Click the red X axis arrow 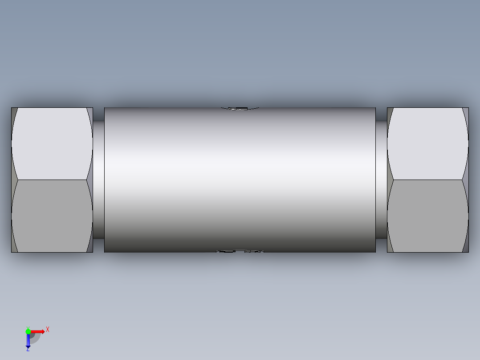38,331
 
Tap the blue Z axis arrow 28,341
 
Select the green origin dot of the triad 28,331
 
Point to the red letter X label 48,330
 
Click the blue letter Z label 28,350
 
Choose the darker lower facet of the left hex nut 51,216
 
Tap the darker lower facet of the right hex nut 427,216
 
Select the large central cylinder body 240,178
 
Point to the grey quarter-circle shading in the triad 34,338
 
